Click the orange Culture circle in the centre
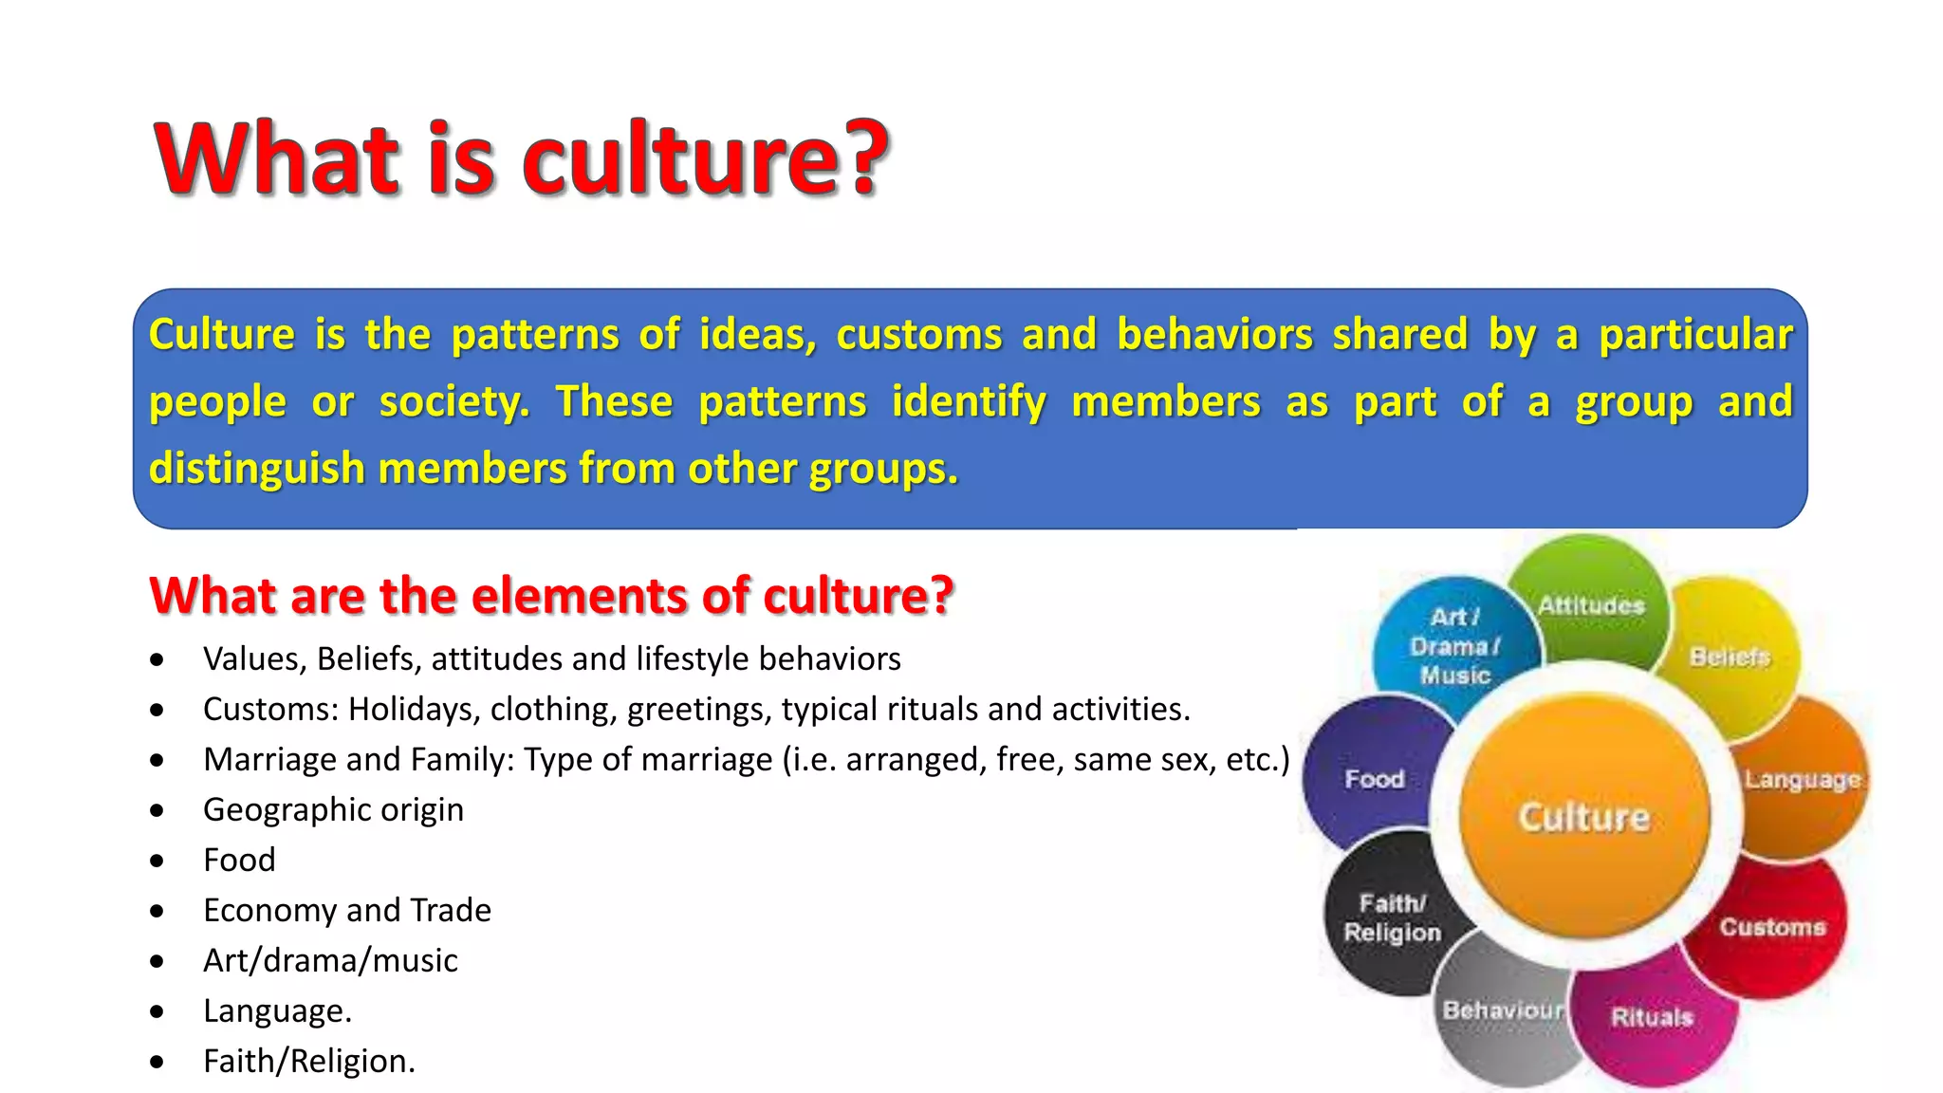(x=1584, y=816)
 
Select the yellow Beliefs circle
(x=1730, y=656)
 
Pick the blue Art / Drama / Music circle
(x=1454, y=645)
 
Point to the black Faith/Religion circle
(x=1391, y=917)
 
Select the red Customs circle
(x=1772, y=926)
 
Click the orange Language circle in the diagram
(x=1803, y=779)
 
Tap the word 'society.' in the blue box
(x=453, y=401)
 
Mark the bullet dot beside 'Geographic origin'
(x=157, y=810)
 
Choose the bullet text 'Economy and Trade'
(x=347, y=910)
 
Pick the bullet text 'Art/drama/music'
(x=330, y=960)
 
